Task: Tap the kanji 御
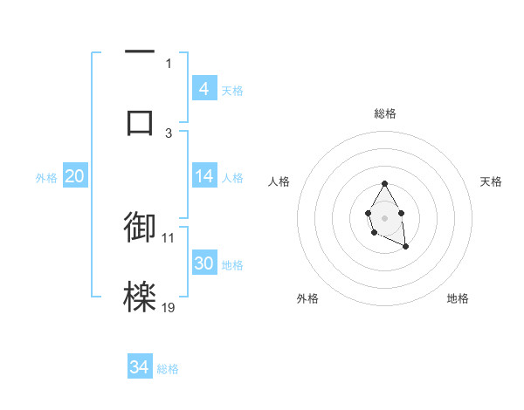pos(140,226)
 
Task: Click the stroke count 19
pos(169,307)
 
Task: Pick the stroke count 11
pos(169,236)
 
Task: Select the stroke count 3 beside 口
pos(169,133)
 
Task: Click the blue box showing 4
pos(204,89)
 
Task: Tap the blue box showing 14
pos(204,176)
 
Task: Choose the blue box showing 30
pos(204,263)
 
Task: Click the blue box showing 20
pos(74,176)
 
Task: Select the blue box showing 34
pos(140,367)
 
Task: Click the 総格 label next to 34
pos(168,369)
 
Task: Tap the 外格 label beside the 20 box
pos(46,178)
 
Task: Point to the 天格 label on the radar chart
pos(491,181)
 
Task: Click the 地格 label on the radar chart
pos(458,298)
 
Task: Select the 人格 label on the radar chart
pos(279,181)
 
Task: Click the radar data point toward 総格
pos(384,183)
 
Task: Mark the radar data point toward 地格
pos(406,248)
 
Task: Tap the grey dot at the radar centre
pos(384,217)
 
